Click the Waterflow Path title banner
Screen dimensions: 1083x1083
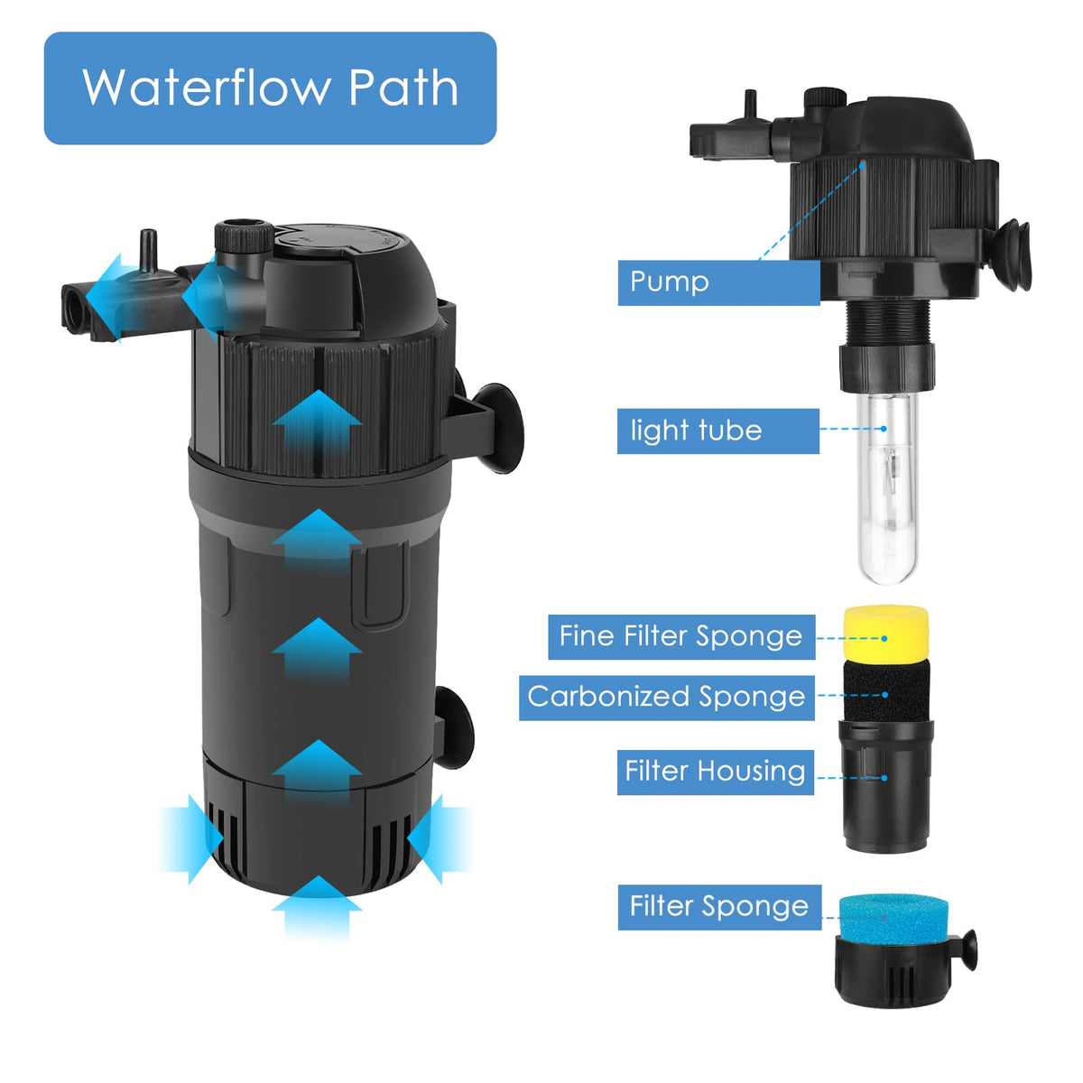point(270,88)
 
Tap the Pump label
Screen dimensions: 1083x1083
point(718,282)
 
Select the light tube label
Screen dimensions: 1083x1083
point(717,431)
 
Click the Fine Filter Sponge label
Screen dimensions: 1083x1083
point(681,637)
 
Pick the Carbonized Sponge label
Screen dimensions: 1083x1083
point(667,698)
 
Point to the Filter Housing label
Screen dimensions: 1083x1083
point(715,772)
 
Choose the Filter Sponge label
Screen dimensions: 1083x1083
point(719,907)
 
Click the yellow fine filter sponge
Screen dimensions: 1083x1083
point(885,634)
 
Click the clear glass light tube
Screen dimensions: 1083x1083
point(886,487)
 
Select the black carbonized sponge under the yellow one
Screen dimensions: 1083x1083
point(885,691)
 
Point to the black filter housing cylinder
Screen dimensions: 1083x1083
point(885,786)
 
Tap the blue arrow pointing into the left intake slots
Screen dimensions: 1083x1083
point(192,839)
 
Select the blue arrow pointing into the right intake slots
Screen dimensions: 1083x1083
point(440,839)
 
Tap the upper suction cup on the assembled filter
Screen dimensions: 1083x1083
point(497,430)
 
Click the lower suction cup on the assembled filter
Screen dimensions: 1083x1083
point(454,727)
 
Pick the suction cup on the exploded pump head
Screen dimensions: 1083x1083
point(1016,255)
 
